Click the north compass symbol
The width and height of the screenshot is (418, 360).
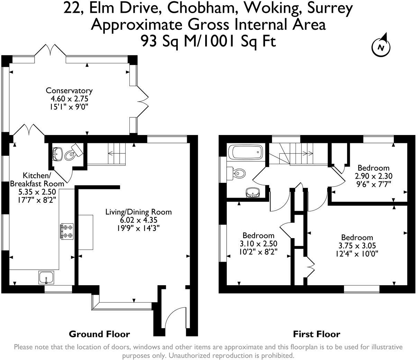pyautogui.click(x=381, y=46)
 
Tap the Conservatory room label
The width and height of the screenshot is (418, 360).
pyautogui.click(x=69, y=91)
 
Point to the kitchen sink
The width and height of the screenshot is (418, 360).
pyautogui.click(x=46, y=277)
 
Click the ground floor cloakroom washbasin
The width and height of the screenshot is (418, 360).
pyautogui.click(x=57, y=153)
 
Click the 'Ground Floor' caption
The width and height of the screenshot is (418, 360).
pyautogui.click(x=99, y=334)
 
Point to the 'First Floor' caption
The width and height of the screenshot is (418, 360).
pyautogui.click(x=316, y=334)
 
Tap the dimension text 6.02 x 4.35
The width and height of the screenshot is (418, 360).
pyautogui.click(x=138, y=220)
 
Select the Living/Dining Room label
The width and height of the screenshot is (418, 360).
pyautogui.click(x=138, y=212)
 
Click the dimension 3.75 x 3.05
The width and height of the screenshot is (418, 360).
pyautogui.click(x=357, y=246)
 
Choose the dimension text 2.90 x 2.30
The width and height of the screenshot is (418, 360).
pyautogui.click(x=374, y=176)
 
